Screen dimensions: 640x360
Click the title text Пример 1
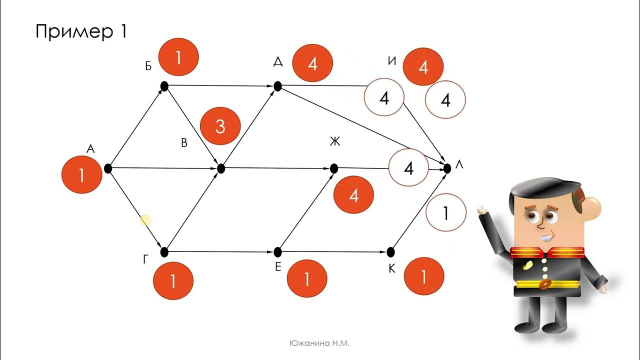point(81,31)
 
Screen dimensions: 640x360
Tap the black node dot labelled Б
point(164,86)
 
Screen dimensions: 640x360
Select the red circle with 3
point(220,126)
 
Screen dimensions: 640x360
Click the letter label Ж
point(335,141)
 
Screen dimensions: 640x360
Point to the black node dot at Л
point(447,169)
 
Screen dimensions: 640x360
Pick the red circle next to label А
point(81,174)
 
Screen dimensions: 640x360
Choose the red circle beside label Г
point(173,281)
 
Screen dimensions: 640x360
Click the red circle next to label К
point(423,276)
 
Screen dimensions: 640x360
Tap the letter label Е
point(278,267)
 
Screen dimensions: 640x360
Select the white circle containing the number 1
point(445,212)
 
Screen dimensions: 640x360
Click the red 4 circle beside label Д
point(312,63)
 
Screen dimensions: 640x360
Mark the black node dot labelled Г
point(164,252)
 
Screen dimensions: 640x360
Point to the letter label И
point(392,61)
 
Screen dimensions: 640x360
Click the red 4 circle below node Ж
point(353,195)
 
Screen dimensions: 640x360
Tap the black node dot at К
point(390,252)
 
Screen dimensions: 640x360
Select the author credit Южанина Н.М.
point(319,343)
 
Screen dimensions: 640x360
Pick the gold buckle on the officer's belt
point(545,283)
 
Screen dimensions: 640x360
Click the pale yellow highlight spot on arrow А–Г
point(145,220)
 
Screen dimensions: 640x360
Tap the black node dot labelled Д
point(277,86)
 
